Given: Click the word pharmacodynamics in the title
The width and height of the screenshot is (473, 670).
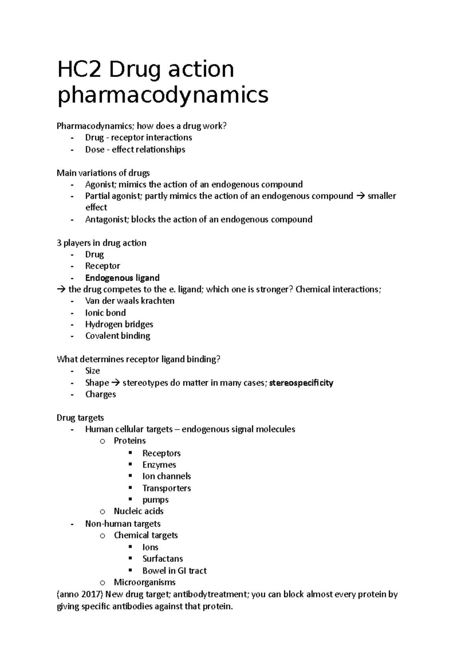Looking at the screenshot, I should pyautogui.click(x=163, y=95).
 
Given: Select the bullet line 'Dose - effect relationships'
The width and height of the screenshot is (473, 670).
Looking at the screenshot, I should pyautogui.click(x=135, y=150).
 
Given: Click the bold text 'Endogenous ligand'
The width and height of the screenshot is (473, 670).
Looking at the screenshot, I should pyautogui.click(x=122, y=278).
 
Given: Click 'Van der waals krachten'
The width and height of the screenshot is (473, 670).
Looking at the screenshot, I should pyautogui.click(x=130, y=301).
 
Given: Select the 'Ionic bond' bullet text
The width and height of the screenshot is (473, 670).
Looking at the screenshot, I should pyautogui.click(x=105, y=313).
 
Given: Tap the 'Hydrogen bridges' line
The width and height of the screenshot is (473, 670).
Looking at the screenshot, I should pyautogui.click(x=119, y=324).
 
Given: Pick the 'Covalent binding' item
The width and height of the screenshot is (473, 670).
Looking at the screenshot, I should pyautogui.click(x=117, y=336).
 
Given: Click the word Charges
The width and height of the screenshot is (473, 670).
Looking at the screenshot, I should pyautogui.click(x=101, y=394).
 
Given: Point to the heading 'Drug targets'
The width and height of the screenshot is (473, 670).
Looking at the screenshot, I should pyautogui.click(x=80, y=417).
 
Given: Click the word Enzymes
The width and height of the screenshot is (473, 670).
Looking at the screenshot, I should pyautogui.click(x=159, y=465).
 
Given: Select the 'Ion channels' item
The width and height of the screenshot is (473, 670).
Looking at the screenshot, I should pyautogui.click(x=166, y=476).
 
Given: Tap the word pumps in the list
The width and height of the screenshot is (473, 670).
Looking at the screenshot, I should pyautogui.click(x=155, y=500).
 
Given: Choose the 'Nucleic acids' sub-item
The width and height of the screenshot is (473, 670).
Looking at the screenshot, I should pyautogui.click(x=138, y=511).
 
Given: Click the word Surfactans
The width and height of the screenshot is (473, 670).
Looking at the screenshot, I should pyautogui.click(x=162, y=559).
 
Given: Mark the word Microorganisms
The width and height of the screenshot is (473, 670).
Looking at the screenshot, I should pyautogui.click(x=144, y=582).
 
